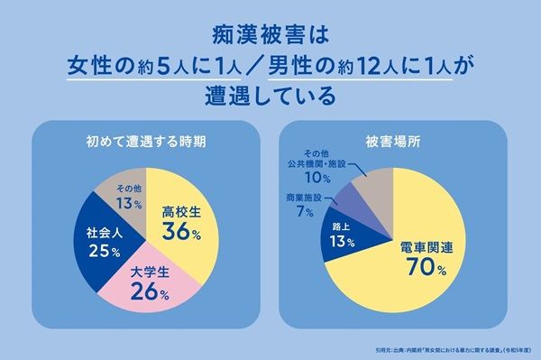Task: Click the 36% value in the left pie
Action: pyautogui.click(x=180, y=232)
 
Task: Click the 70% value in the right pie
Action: pyautogui.click(x=422, y=268)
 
